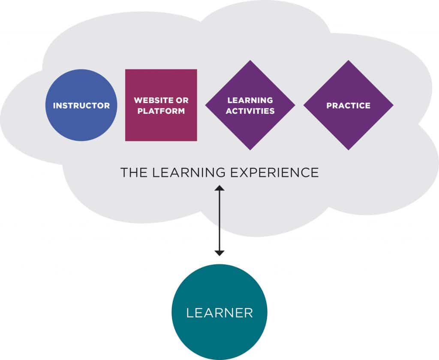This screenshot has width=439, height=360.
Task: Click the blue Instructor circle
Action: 81,105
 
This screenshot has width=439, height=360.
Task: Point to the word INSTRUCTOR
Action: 81,106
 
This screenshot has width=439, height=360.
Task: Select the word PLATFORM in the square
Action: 161,111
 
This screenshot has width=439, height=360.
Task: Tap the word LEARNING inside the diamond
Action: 250,100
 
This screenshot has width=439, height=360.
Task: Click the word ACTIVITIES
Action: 250,111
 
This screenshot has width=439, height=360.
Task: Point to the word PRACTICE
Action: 348,106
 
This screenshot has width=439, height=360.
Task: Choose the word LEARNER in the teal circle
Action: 219,313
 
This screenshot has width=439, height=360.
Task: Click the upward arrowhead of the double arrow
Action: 219,188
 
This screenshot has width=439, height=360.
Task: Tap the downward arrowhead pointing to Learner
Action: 219,253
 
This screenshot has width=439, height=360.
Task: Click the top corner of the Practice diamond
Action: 348,62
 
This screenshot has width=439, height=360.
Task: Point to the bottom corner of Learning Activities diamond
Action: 250,148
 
